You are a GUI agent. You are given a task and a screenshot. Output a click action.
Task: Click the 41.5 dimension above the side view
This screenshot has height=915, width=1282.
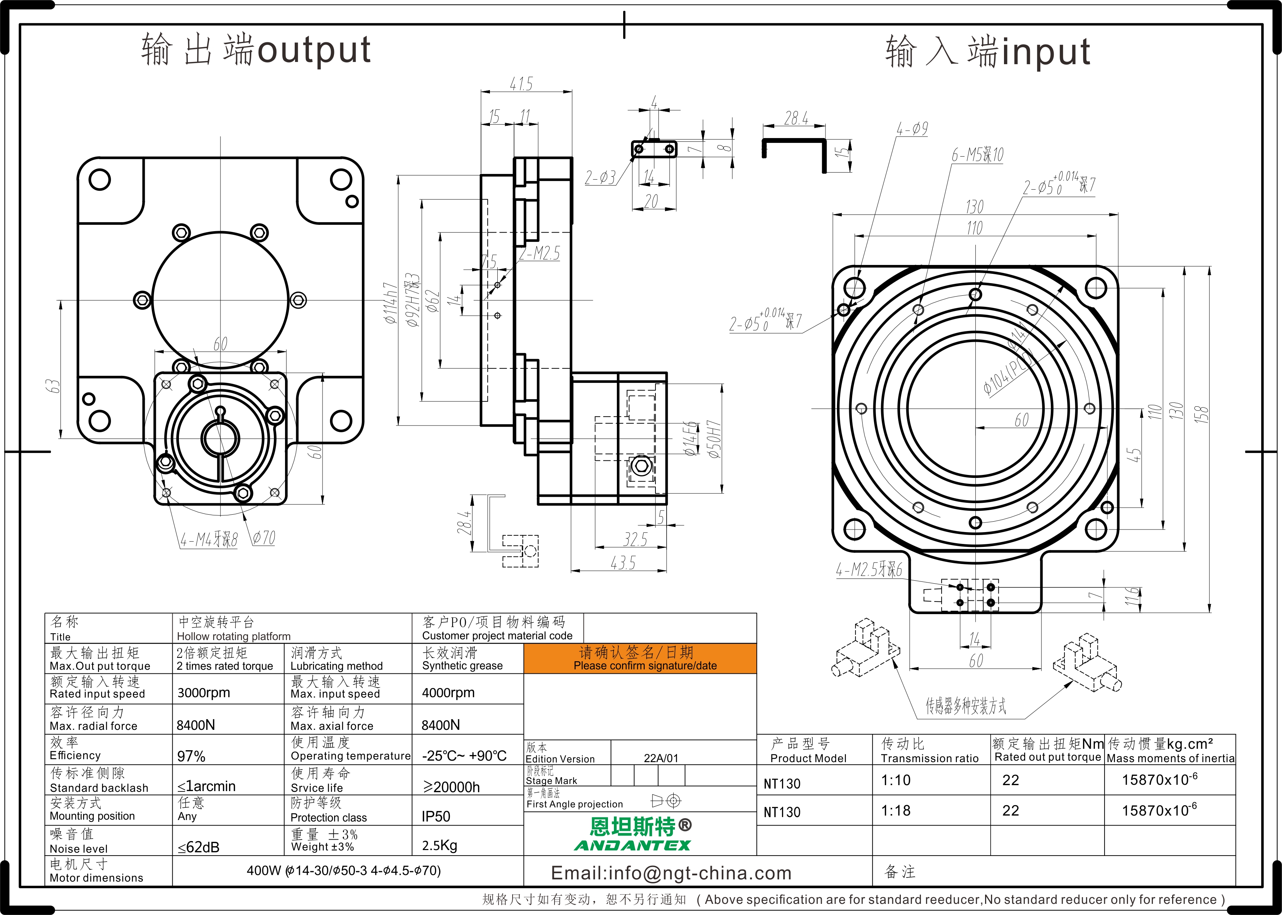point(521,85)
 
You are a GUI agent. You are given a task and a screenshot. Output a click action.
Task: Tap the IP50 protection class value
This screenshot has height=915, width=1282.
point(436,816)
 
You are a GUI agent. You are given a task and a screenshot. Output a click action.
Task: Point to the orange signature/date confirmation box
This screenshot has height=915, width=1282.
point(640,659)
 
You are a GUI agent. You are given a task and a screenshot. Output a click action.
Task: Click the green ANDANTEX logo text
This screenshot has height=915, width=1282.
point(632,845)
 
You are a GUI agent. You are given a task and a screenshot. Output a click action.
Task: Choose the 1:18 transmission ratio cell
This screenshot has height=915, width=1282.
point(896,811)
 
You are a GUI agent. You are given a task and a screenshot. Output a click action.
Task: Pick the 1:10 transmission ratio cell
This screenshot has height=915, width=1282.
point(896,780)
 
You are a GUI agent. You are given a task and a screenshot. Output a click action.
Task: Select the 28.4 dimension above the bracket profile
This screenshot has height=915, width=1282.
point(796,118)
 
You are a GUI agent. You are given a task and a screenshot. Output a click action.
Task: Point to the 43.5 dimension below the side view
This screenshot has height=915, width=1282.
point(623,563)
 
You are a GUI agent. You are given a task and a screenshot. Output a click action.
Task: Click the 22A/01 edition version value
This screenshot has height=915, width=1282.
point(661,758)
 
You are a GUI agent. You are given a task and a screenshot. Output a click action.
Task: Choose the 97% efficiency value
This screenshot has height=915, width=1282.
point(191,756)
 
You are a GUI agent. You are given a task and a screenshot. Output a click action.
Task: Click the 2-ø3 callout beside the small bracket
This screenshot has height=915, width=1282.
point(600,178)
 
